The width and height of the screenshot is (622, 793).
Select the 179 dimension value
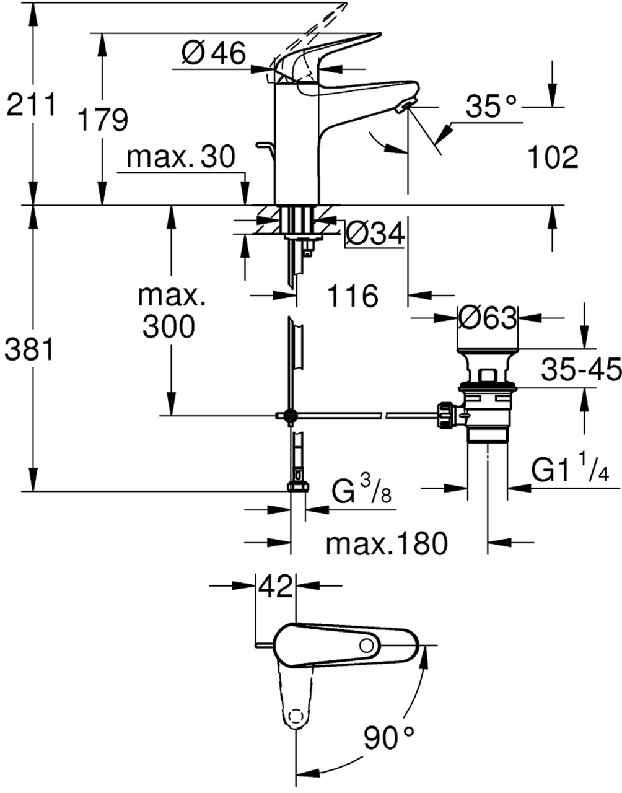coord(103,119)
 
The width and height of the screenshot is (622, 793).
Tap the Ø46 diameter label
coord(214,54)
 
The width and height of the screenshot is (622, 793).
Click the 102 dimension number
coord(553,157)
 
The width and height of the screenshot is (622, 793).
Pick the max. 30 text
coord(180,157)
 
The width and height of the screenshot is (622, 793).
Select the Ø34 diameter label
coord(374,234)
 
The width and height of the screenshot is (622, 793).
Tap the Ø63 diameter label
coord(487,318)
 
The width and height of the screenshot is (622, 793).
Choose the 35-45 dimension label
coord(580,370)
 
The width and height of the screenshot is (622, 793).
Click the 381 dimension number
coord(28,351)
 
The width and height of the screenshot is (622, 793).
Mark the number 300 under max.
coord(169,326)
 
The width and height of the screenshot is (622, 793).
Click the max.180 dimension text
coord(386,544)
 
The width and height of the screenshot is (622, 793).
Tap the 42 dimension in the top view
coord(276,585)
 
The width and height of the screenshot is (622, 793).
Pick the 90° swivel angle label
coord(388,738)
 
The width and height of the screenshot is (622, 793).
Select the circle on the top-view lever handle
coord(367,646)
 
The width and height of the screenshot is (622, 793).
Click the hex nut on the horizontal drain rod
coord(447,415)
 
